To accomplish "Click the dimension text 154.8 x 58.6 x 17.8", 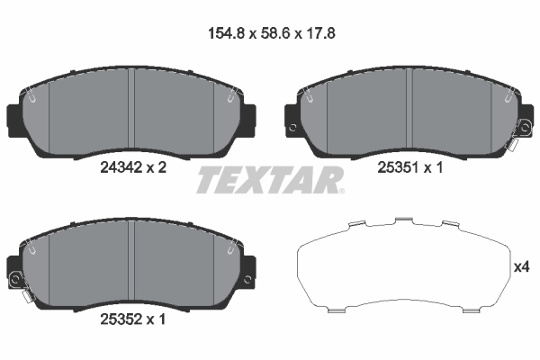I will (x=271, y=36).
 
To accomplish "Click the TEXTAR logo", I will (x=269, y=179).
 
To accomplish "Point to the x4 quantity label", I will (x=522, y=267).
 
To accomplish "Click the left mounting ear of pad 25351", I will (x=292, y=115).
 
